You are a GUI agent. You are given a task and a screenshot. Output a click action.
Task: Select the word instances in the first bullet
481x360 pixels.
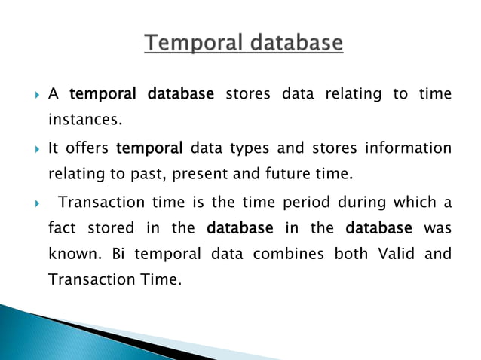[x=84, y=120]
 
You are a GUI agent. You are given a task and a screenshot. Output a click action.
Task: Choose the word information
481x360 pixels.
[x=408, y=148]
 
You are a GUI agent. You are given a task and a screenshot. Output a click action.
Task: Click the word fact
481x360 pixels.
[x=61, y=227]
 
